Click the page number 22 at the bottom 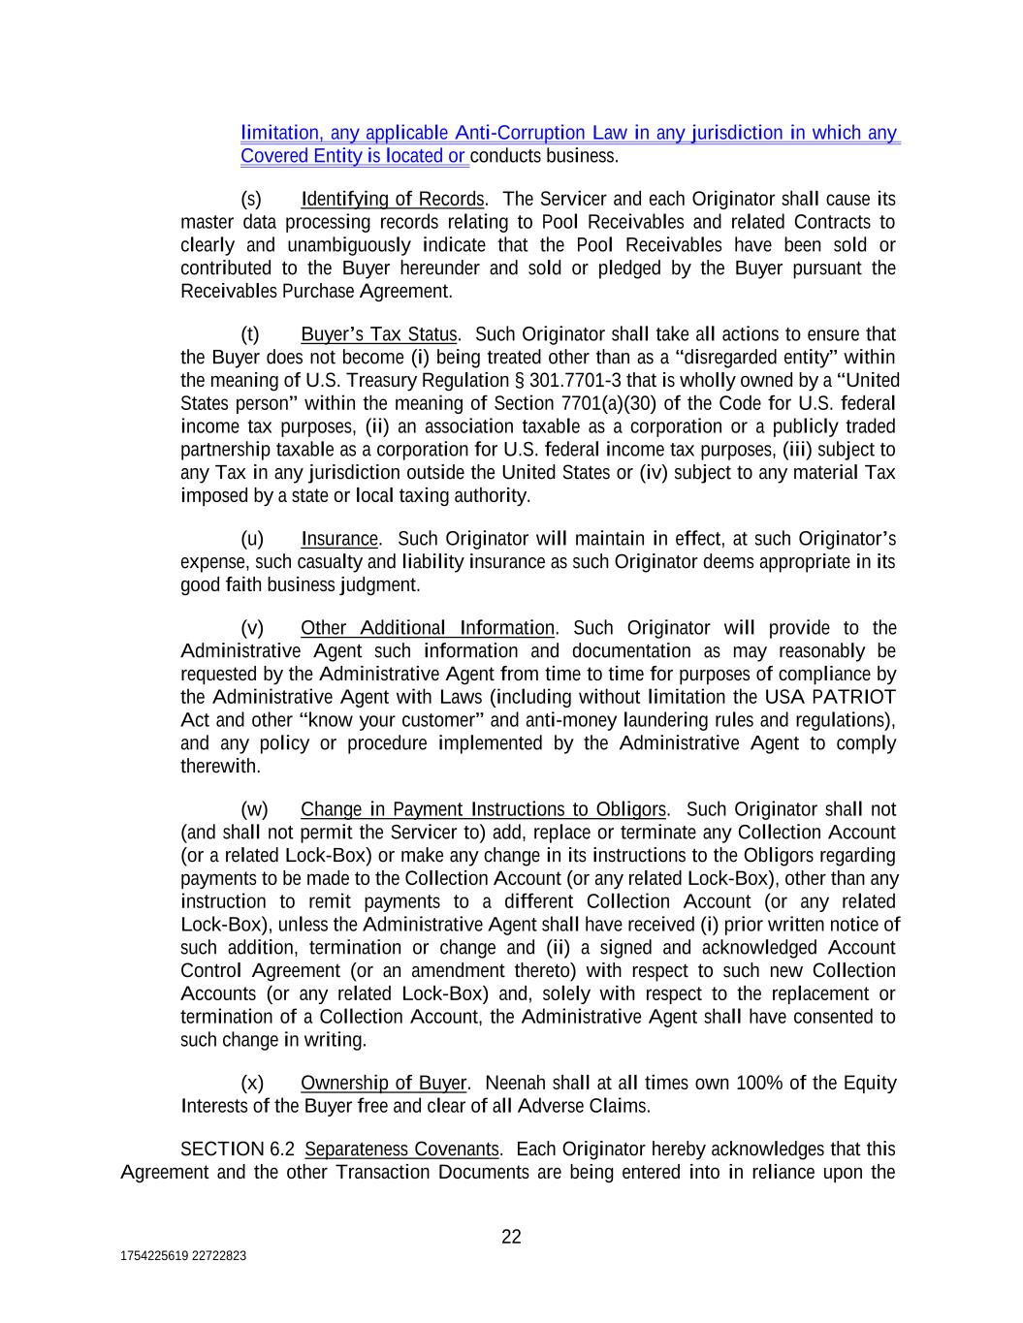(x=511, y=1237)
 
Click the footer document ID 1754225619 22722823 (x=183, y=1256)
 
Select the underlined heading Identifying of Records (x=392, y=200)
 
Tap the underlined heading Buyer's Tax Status (x=378, y=334)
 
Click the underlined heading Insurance (x=339, y=539)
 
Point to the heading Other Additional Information (x=428, y=628)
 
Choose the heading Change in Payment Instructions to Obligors (x=483, y=809)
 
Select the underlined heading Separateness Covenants (x=402, y=1150)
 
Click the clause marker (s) (x=251, y=200)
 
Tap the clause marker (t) (x=250, y=334)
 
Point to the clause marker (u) (x=252, y=539)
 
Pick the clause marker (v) (x=252, y=628)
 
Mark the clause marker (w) (x=254, y=809)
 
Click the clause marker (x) (x=252, y=1083)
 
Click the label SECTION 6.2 (x=237, y=1150)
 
